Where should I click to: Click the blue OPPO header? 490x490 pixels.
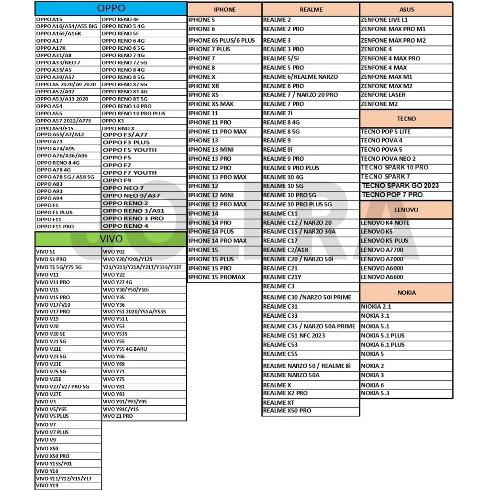coord(111,8)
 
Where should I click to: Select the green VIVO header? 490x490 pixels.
coord(111,238)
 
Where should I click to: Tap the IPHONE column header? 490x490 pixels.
coord(224,10)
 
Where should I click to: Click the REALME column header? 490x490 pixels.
coord(311,10)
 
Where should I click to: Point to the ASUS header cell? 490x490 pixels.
coord(407,10)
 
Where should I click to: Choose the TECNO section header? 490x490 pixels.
coord(406,118)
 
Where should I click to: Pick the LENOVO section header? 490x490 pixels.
coord(406,210)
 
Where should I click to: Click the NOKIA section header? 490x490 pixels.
coord(406,292)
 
